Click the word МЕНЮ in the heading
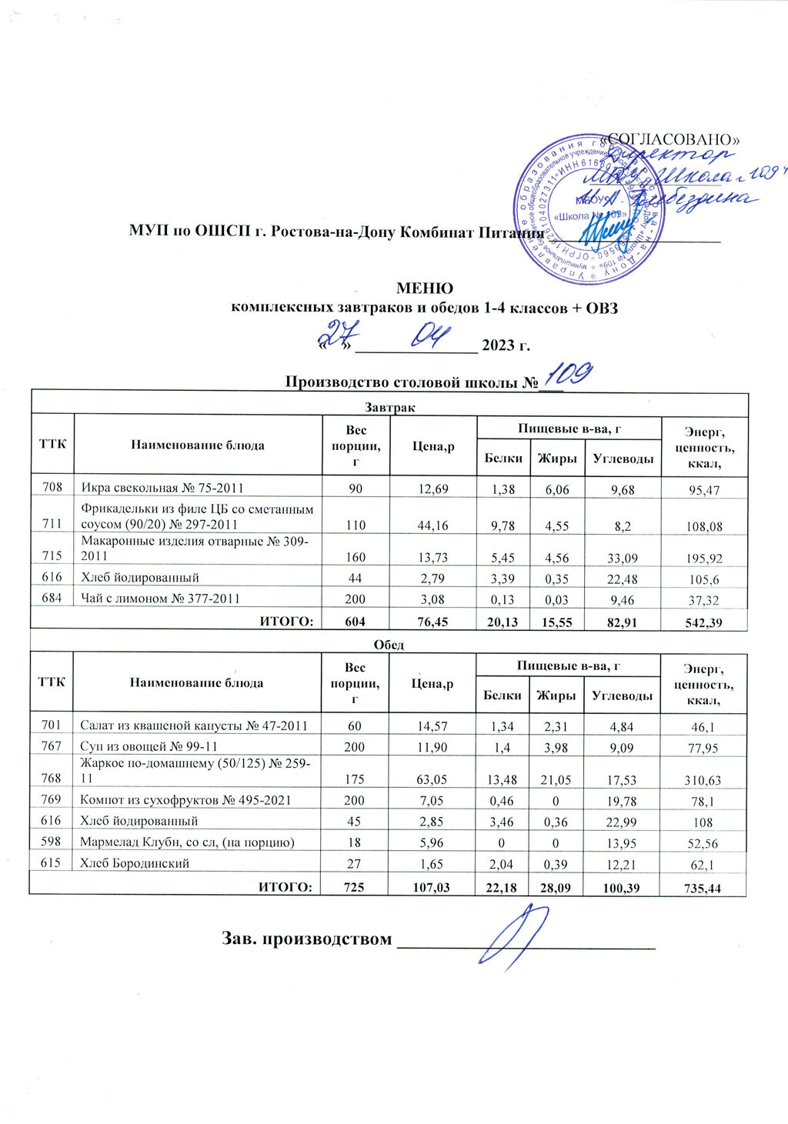(424, 289)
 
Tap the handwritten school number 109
(566, 375)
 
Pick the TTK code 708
(52, 488)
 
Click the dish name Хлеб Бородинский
(135, 863)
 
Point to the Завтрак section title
(389, 405)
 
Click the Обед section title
(389, 644)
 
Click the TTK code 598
(52, 842)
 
